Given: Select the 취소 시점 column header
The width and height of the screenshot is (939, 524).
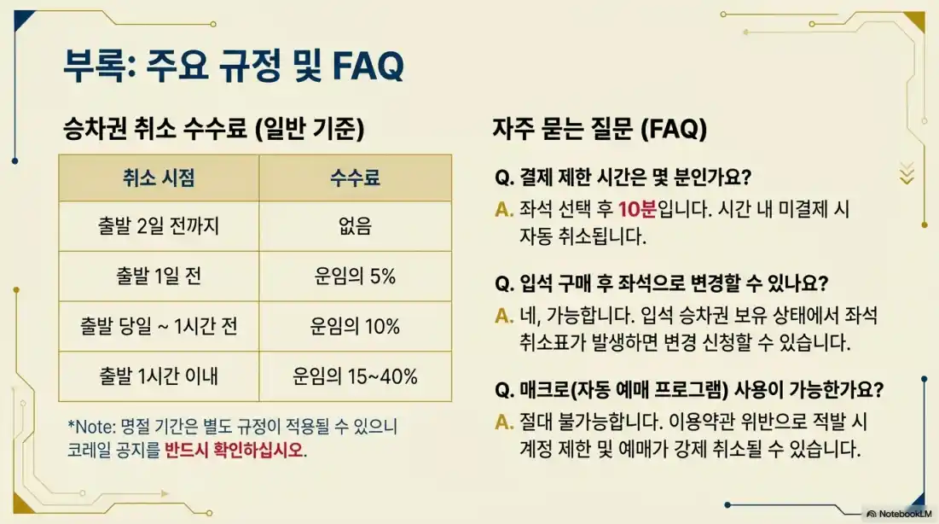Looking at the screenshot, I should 159,178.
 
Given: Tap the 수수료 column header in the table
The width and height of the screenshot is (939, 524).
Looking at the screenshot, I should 355,178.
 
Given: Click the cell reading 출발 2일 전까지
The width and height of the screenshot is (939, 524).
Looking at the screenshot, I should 159,226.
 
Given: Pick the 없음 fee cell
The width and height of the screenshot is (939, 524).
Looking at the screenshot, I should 355,226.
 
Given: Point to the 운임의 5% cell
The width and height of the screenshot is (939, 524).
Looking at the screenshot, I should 355,277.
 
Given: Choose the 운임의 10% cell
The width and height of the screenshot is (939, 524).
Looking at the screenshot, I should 355,327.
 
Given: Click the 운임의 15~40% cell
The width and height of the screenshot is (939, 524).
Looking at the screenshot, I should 355,376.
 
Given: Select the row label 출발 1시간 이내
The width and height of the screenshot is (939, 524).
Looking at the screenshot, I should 159,376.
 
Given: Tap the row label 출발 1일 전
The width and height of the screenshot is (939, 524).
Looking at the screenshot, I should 159,277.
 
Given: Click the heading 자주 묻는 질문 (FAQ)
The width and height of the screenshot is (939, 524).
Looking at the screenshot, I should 600,130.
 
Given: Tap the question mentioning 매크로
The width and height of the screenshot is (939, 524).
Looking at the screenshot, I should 689,390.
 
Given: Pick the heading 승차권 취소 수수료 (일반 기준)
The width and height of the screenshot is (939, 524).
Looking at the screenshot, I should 214,130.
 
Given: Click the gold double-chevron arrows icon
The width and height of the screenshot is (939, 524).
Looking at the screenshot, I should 907,173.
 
